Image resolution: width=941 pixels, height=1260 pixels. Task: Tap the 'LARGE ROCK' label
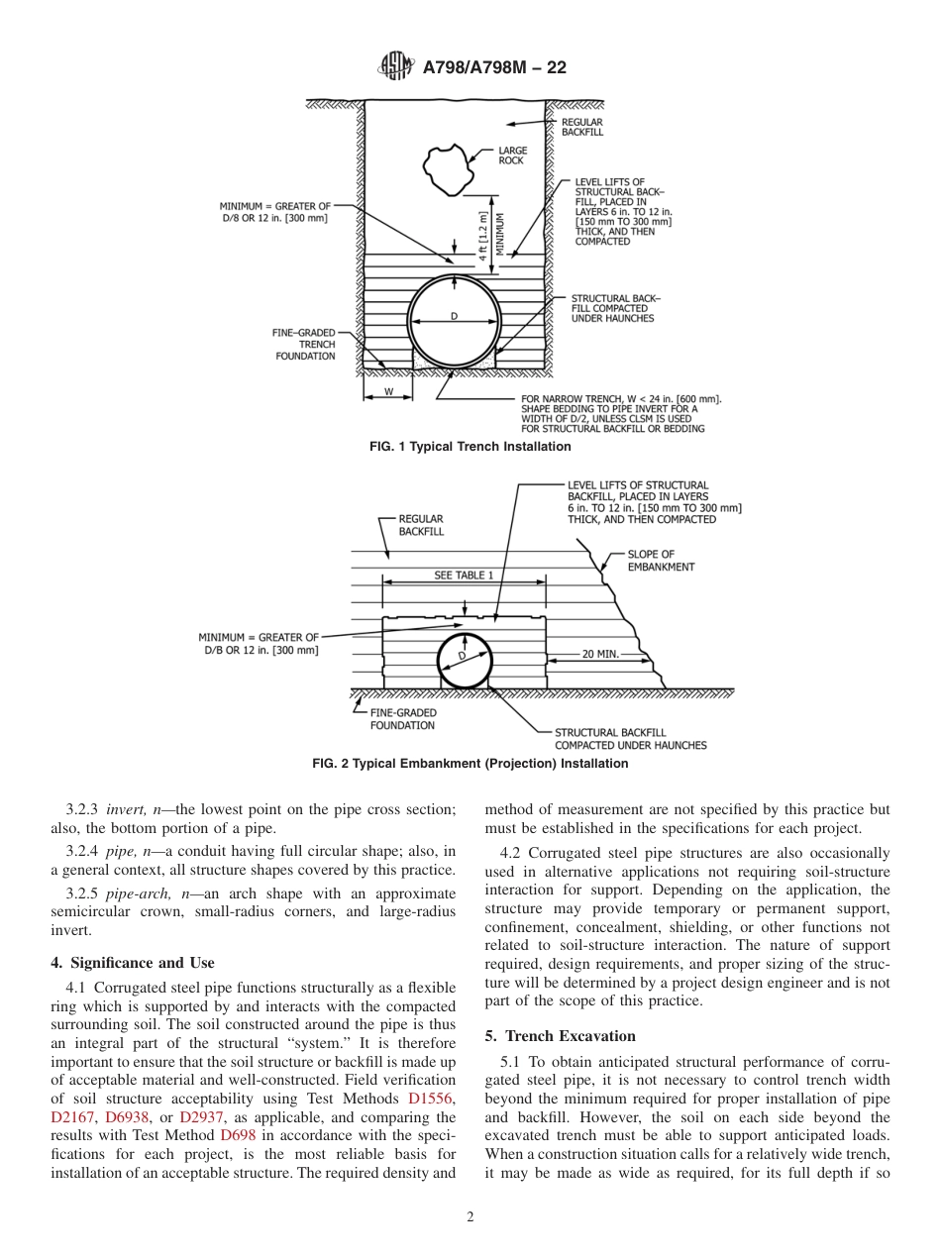(512, 156)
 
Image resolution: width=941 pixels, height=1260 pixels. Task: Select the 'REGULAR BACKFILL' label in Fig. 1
(581, 127)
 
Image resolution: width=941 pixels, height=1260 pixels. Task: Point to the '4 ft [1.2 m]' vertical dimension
(483, 235)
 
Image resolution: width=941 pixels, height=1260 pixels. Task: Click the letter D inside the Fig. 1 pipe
(454, 317)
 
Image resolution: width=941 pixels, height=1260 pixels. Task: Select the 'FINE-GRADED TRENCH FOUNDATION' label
(305, 345)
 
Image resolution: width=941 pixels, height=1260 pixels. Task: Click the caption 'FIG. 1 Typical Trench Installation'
(470, 447)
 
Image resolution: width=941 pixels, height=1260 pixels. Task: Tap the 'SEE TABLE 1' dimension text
(463, 576)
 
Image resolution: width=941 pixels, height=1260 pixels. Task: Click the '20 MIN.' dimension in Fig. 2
(600, 655)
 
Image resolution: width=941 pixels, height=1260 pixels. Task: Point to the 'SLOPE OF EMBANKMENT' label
(661, 561)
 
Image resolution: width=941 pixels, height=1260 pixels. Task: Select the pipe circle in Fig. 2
(464, 661)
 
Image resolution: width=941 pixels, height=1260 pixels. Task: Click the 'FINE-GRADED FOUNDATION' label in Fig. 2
(402, 719)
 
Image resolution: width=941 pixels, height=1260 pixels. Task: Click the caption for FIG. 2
(470, 764)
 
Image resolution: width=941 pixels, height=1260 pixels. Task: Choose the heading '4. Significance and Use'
(132, 962)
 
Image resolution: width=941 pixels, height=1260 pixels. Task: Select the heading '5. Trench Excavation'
(561, 1036)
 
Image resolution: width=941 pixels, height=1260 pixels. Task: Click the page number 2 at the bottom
(470, 1217)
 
